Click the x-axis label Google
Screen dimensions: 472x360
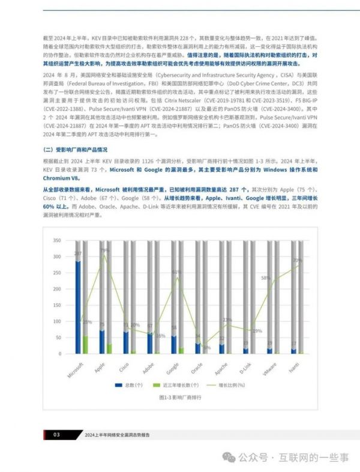coord(172,368)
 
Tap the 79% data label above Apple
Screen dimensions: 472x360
coord(104,250)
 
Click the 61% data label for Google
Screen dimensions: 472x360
coord(176,272)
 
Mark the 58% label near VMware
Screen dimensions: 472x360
coord(265,278)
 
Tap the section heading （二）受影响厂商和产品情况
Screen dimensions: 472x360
coord(75,149)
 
